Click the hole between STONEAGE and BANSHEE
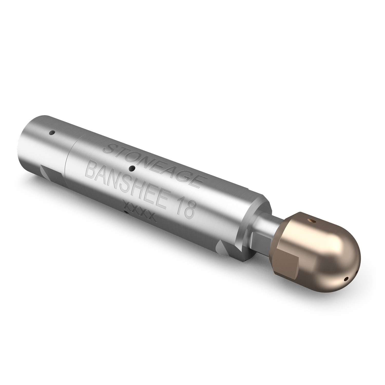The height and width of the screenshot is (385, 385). tap(132, 168)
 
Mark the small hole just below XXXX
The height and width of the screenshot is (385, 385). tap(126, 212)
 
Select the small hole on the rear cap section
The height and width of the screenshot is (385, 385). tap(52, 133)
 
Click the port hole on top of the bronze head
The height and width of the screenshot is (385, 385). tap(312, 220)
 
